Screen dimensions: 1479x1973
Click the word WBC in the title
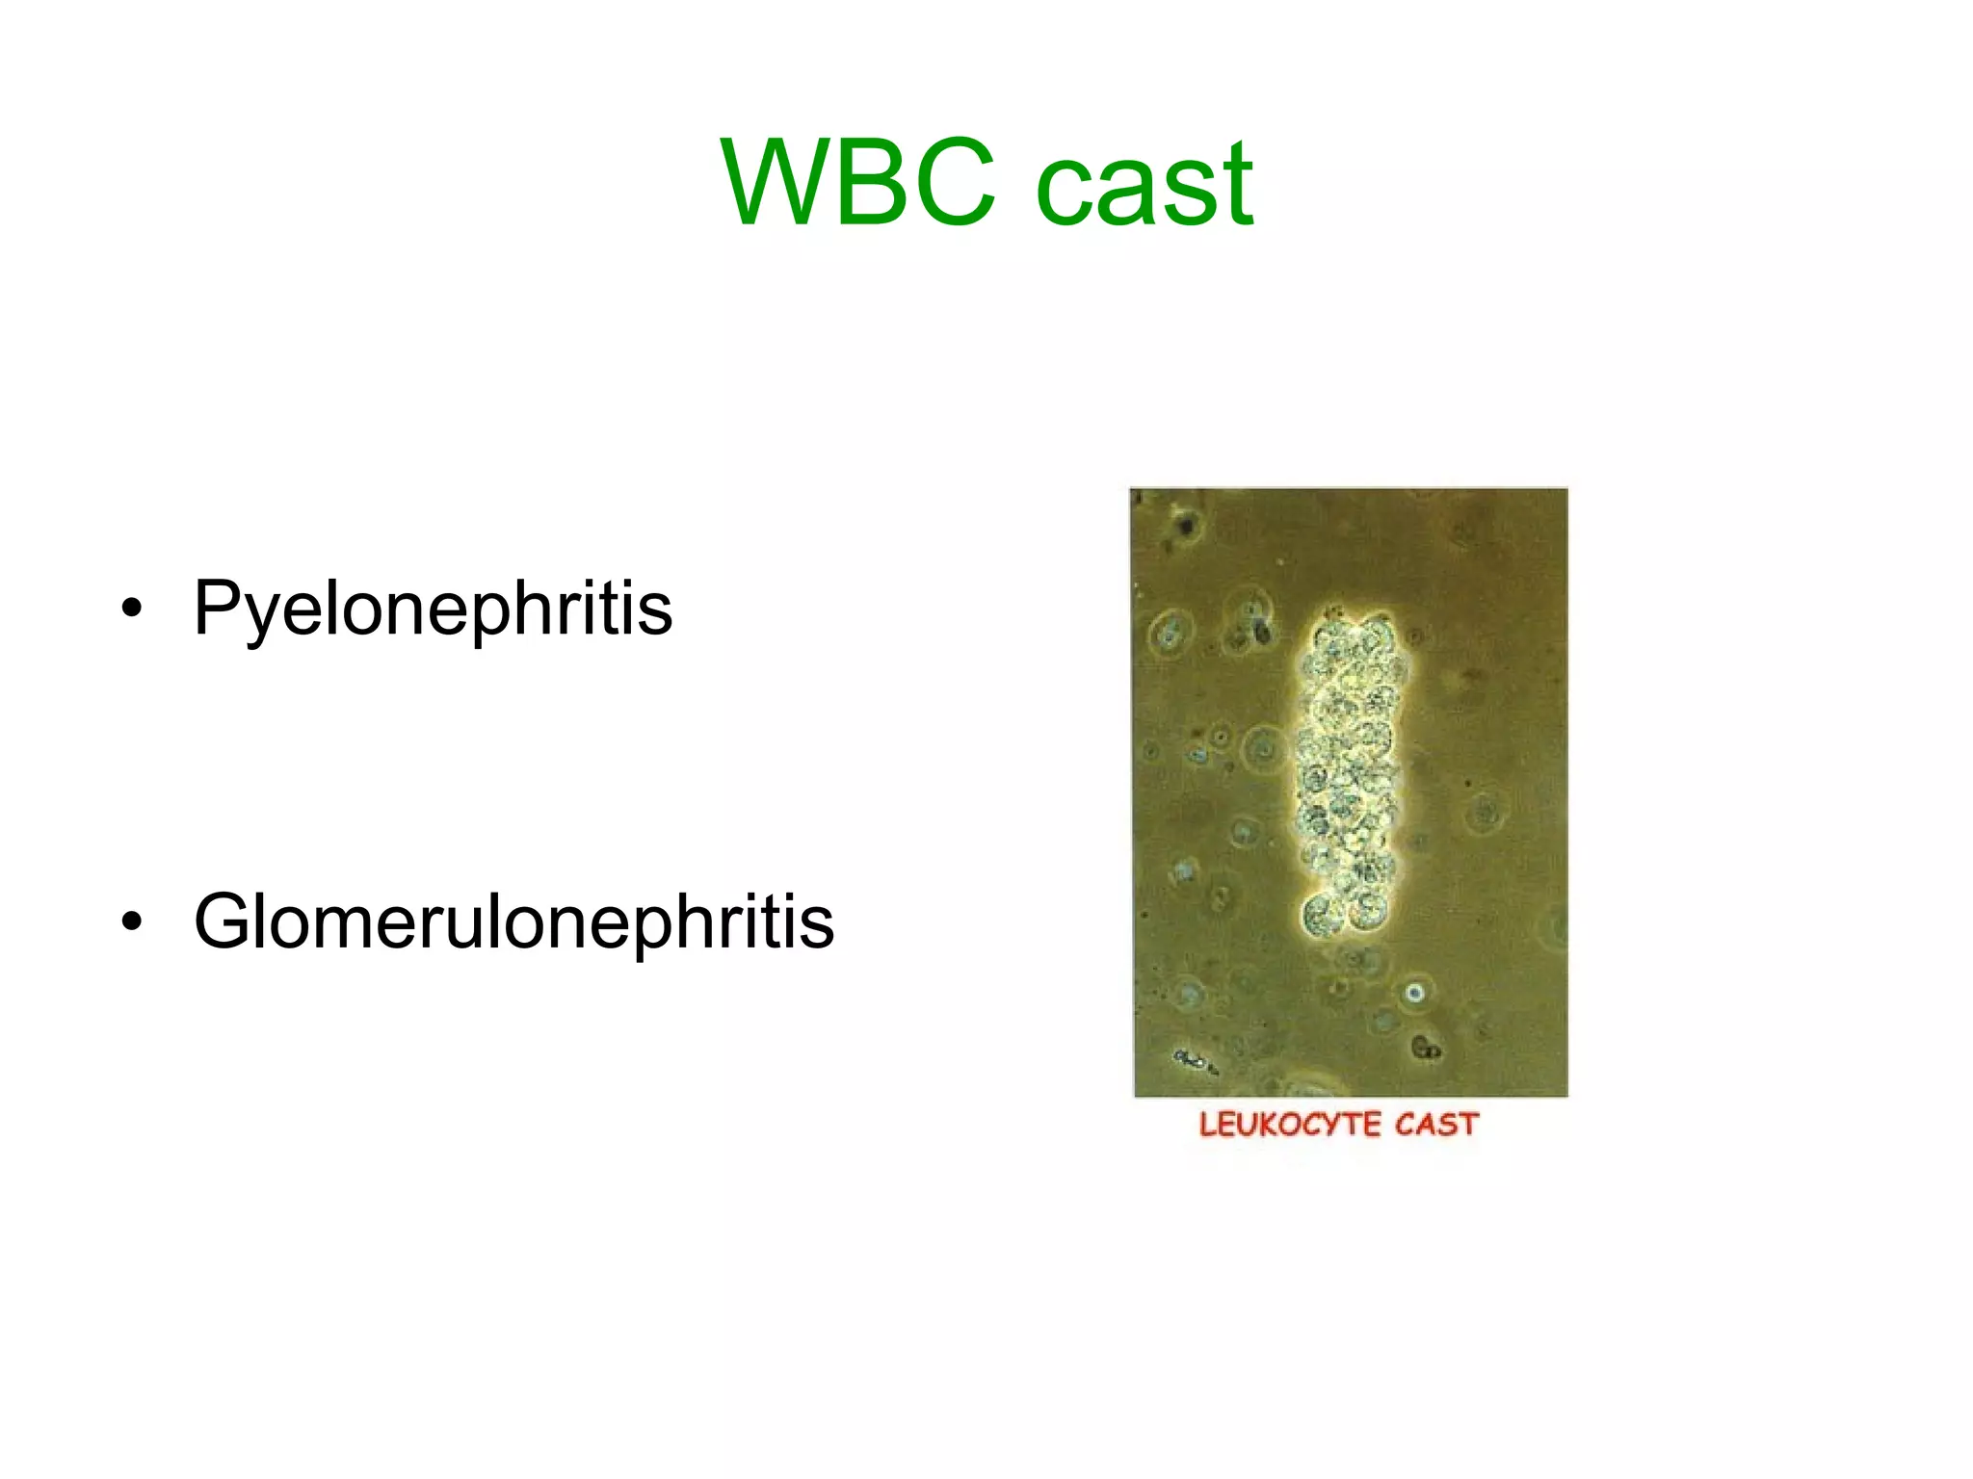pyautogui.click(x=857, y=183)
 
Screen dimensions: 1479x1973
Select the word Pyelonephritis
pyautogui.click(x=433, y=609)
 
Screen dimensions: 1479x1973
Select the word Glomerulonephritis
pyautogui.click(x=513, y=921)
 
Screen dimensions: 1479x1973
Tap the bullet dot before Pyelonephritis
pyautogui.click(x=132, y=609)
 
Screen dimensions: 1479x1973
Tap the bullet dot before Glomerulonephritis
pyautogui.click(x=132, y=921)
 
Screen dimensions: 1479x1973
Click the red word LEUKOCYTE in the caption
pyautogui.click(x=1290, y=1125)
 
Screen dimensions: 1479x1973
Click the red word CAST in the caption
pyautogui.click(x=1436, y=1125)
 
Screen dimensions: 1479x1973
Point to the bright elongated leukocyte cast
pyautogui.click(x=1347, y=770)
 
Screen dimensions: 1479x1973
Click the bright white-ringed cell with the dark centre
pyautogui.click(x=1413, y=993)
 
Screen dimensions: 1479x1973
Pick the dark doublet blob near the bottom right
pyautogui.click(x=1426, y=1048)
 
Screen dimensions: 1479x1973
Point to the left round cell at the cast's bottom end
pyautogui.click(x=1321, y=913)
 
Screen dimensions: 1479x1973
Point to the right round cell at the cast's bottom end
pyautogui.click(x=1368, y=909)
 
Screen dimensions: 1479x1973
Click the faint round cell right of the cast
pyautogui.click(x=1485, y=815)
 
